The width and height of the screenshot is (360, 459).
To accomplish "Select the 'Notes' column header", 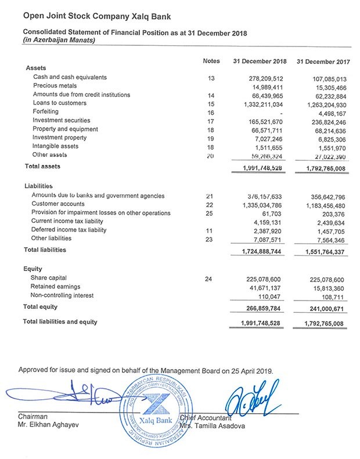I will (211, 61).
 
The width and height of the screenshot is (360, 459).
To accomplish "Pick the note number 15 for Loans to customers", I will (211, 103).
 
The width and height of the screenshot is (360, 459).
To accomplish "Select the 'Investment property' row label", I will (60, 138).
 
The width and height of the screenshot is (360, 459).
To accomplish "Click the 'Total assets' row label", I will (42, 167).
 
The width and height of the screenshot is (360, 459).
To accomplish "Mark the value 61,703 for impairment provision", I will (272, 213).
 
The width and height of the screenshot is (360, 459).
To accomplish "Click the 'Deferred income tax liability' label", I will (69, 230).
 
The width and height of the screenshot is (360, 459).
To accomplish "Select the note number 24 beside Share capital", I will (210, 279).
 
